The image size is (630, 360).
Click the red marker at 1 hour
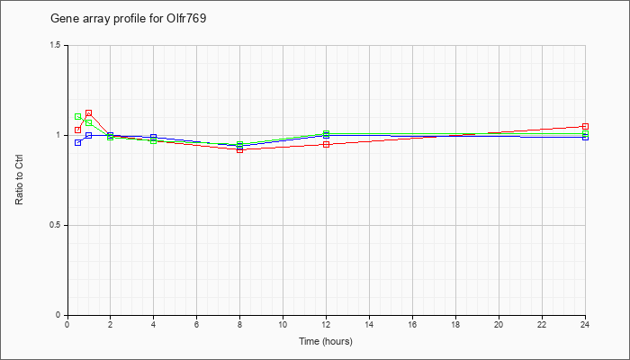pos(89,112)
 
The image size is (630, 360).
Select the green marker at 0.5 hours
pos(78,116)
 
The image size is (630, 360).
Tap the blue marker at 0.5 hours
pos(78,142)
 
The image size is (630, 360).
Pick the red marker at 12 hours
pos(326,144)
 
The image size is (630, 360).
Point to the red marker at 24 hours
pos(585,126)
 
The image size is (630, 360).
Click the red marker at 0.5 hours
pos(78,130)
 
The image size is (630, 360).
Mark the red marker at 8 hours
pos(240,150)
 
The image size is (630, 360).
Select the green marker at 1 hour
pos(89,122)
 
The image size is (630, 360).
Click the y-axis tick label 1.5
pos(56,45)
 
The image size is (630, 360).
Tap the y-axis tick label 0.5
pos(56,225)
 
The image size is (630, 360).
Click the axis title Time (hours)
pos(326,341)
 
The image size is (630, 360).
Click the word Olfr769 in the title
pos(186,19)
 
